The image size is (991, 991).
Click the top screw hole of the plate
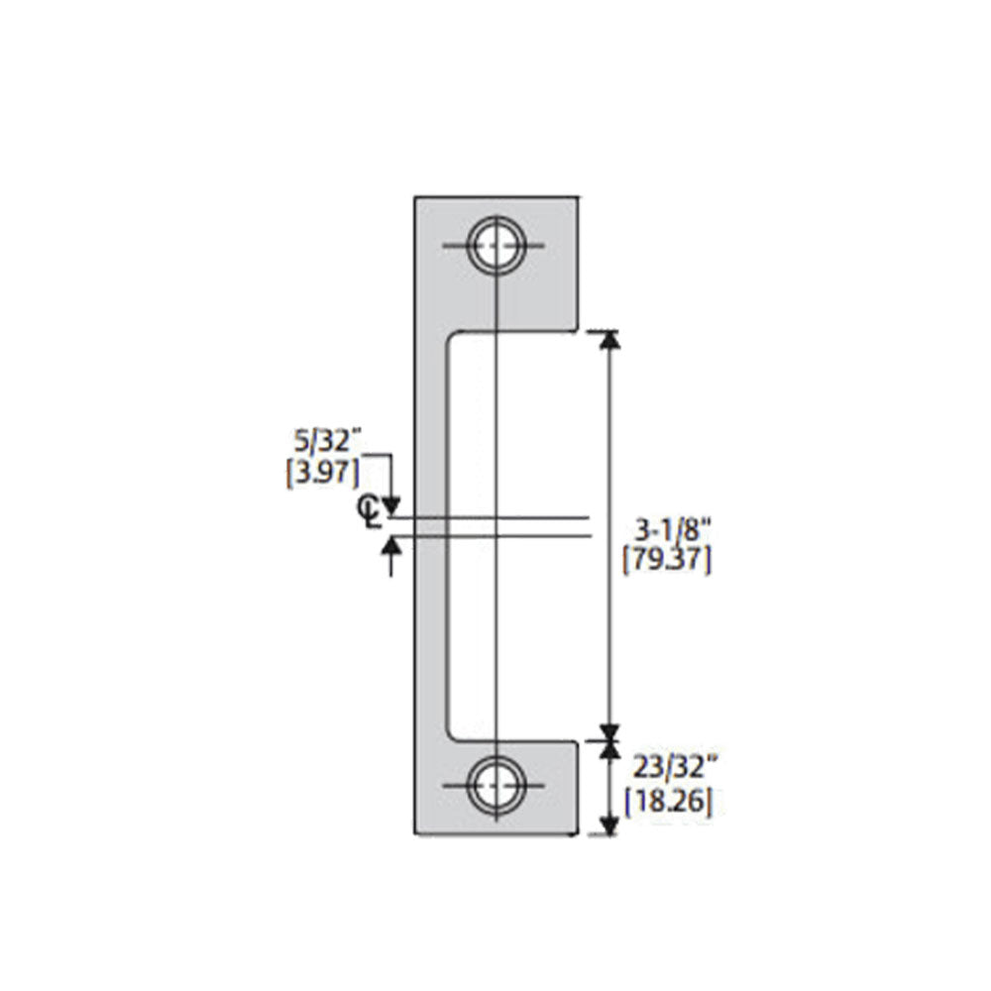[495, 246]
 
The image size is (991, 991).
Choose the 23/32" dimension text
[667, 766]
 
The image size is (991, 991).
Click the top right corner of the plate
[577, 196]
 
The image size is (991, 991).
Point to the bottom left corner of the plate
[414, 834]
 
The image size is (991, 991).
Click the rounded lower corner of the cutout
[454, 731]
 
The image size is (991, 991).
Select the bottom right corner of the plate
[577, 834]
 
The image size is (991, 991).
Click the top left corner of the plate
[414, 196]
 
